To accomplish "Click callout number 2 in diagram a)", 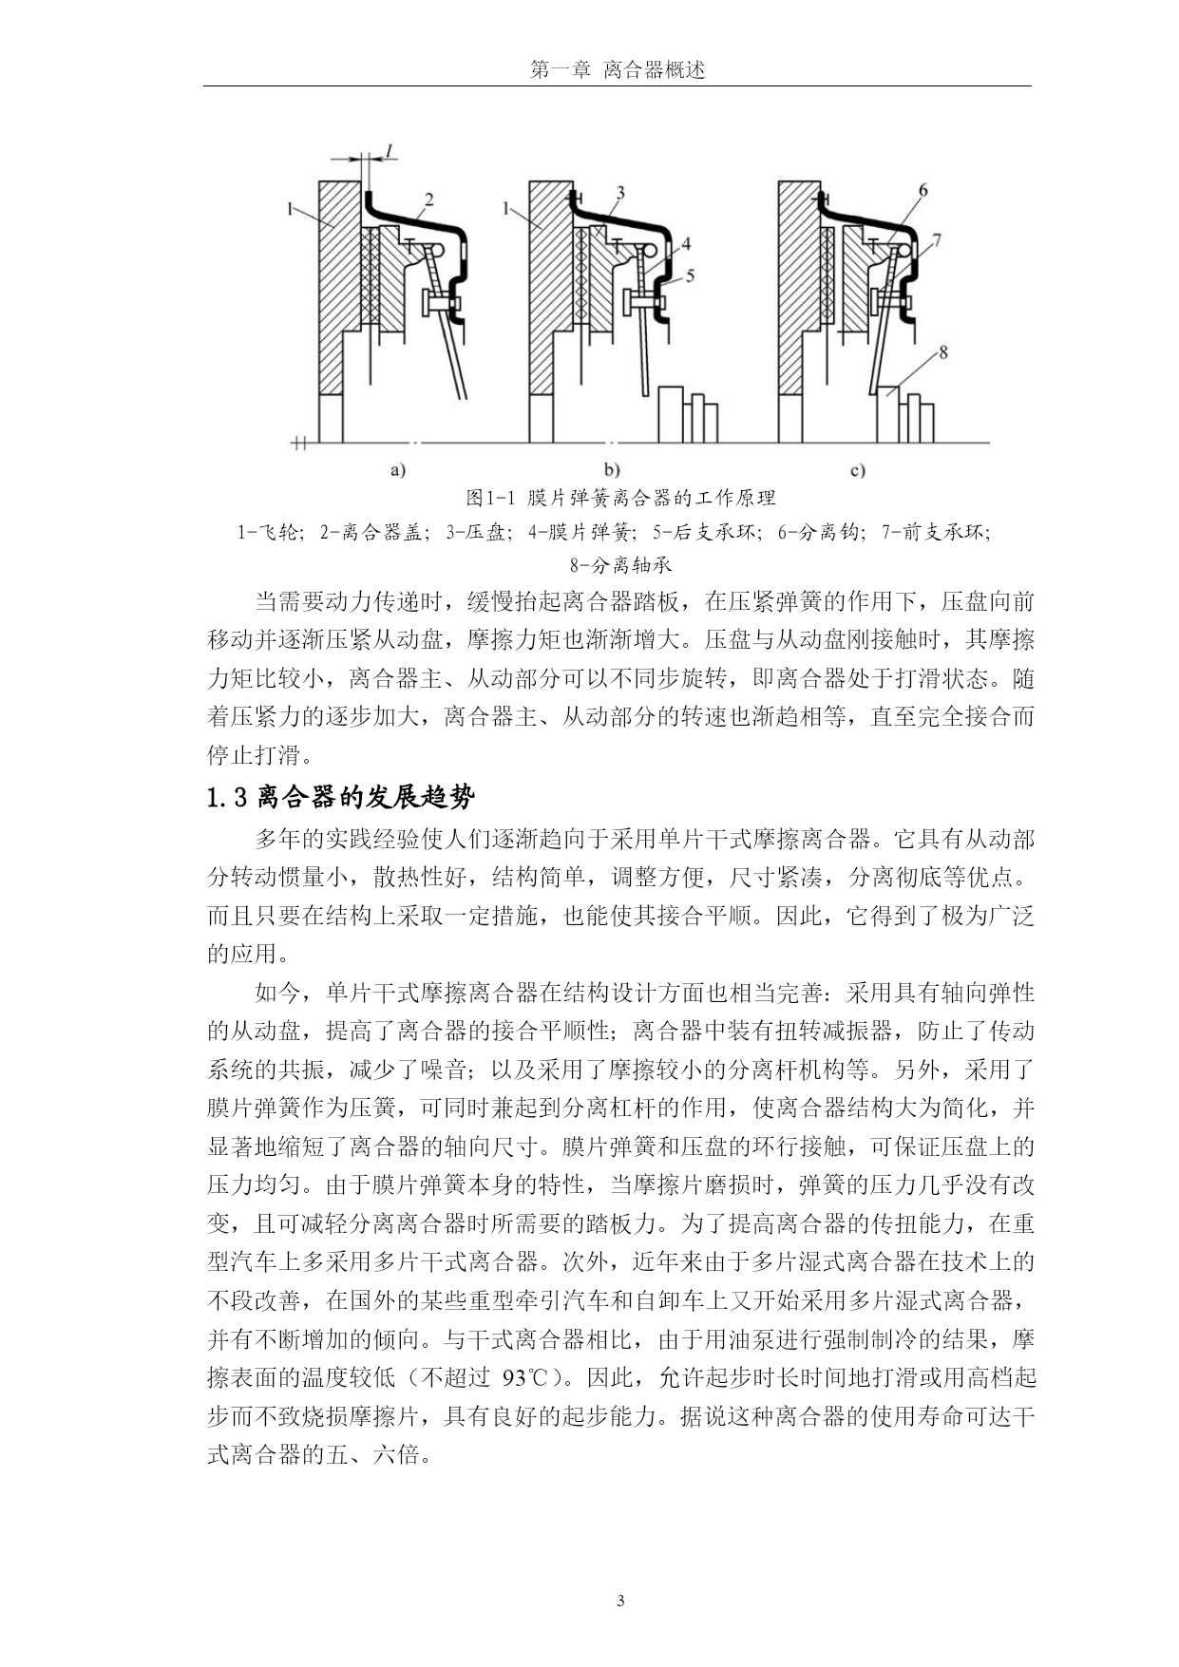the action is (429, 199).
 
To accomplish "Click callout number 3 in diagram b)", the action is (619, 193).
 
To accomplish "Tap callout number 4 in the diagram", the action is (686, 244).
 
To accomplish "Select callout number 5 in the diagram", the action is (690, 275).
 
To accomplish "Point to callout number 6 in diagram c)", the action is (922, 190).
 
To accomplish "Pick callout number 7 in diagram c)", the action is (937, 240).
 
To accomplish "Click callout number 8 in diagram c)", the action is (942, 353).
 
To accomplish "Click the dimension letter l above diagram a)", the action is (390, 149).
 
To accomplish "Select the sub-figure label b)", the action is (611, 469).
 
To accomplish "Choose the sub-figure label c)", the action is (858, 469).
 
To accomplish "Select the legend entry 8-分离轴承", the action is (621, 565).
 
